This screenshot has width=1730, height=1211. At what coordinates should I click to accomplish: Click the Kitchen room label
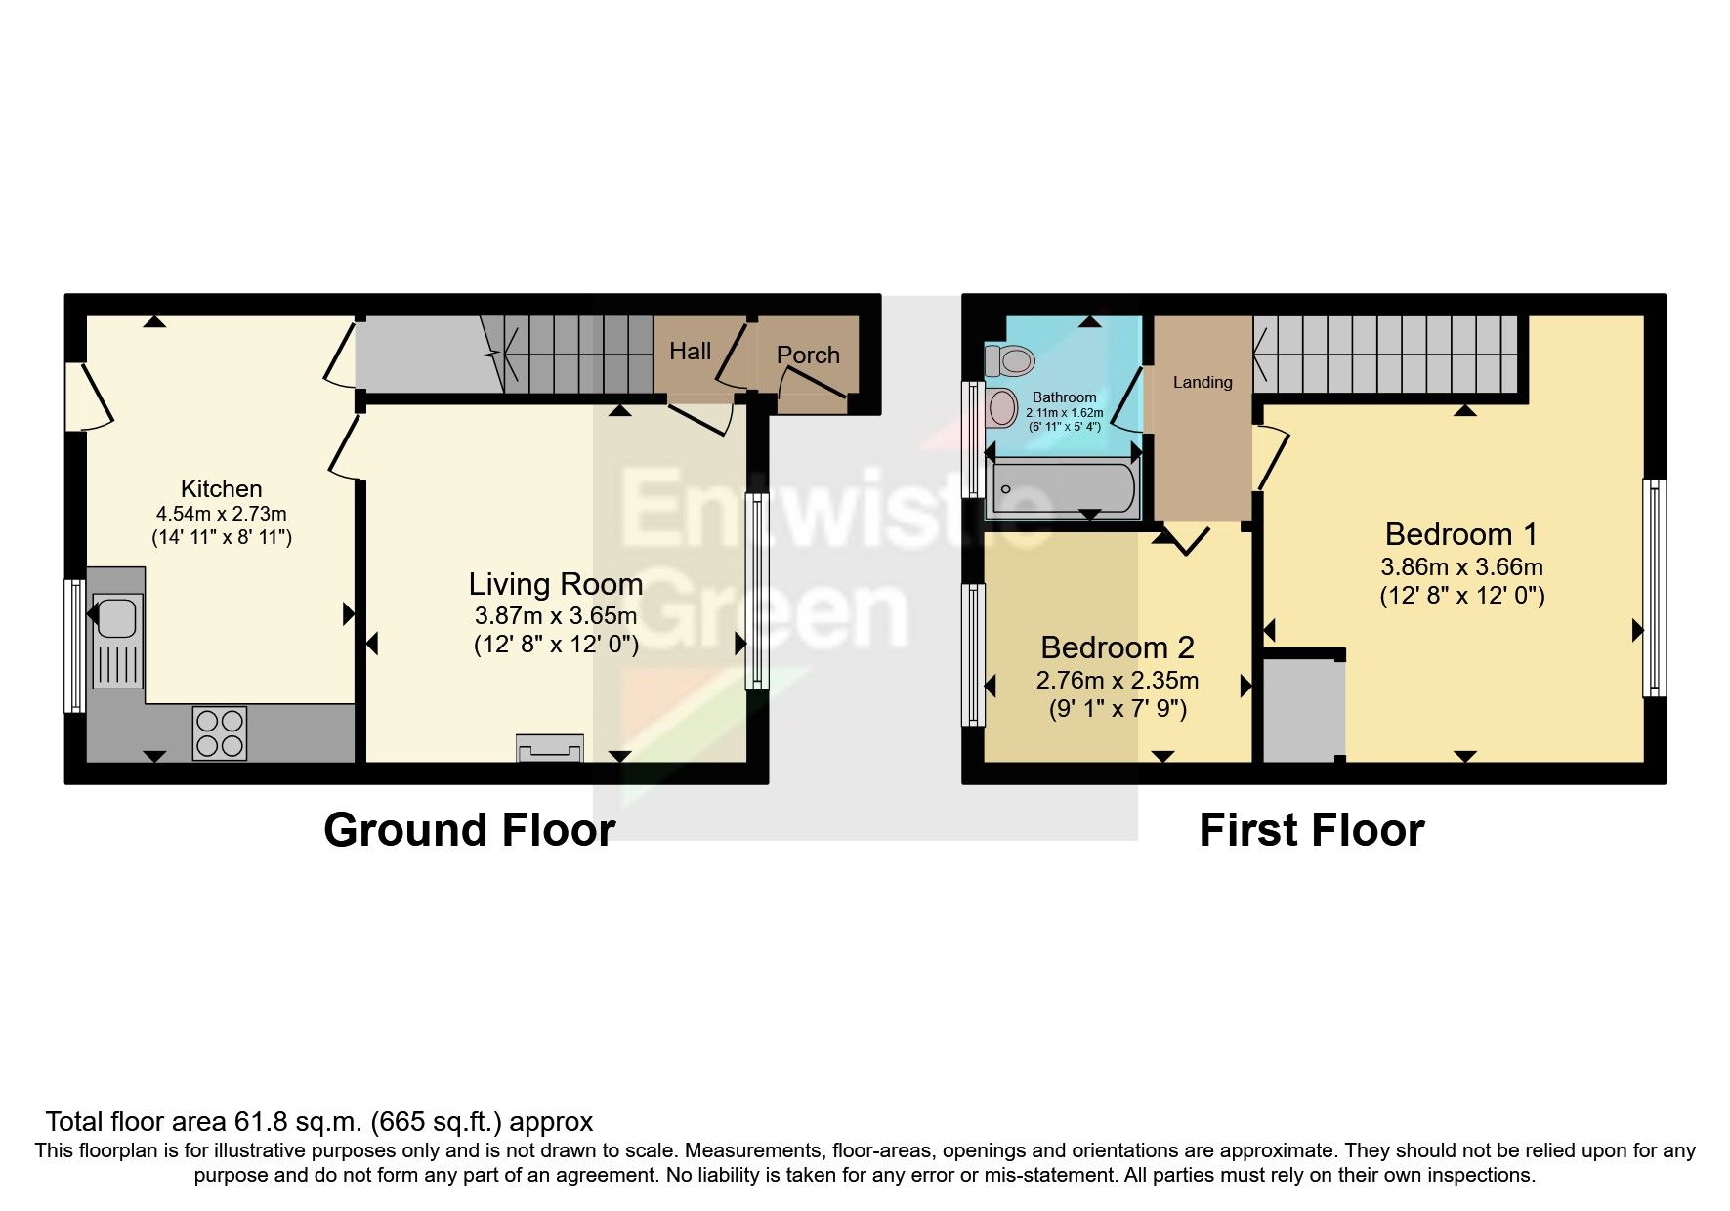click(x=221, y=489)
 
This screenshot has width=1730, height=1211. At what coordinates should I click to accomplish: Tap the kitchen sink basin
click(x=116, y=617)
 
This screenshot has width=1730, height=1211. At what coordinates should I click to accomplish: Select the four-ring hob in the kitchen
click(x=220, y=732)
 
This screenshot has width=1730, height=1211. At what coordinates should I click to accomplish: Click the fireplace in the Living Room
click(x=550, y=749)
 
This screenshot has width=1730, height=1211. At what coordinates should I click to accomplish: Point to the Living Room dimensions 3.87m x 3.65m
click(x=556, y=616)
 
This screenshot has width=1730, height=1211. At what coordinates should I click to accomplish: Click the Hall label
click(x=690, y=352)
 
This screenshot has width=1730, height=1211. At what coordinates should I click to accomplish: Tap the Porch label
click(x=808, y=355)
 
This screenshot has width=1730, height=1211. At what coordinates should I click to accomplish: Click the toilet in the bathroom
click(x=1011, y=361)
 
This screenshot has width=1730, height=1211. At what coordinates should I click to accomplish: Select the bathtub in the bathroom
click(x=1062, y=489)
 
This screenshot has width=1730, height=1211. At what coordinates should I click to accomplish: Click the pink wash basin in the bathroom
click(x=1002, y=408)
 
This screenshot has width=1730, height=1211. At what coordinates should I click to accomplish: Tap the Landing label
click(x=1203, y=383)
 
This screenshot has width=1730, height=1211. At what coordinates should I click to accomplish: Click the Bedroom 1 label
click(x=1460, y=535)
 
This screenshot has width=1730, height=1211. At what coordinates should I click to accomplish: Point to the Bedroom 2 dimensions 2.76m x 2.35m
click(x=1117, y=681)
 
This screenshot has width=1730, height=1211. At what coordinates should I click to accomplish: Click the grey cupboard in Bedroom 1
click(x=1303, y=710)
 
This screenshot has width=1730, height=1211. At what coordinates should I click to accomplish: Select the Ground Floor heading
click(x=469, y=830)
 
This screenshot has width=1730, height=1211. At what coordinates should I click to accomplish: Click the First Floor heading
click(x=1311, y=830)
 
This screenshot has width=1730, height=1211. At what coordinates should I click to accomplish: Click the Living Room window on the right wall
click(x=757, y=591)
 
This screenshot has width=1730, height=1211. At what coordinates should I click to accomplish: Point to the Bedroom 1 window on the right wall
click(x=1654, y=588)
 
